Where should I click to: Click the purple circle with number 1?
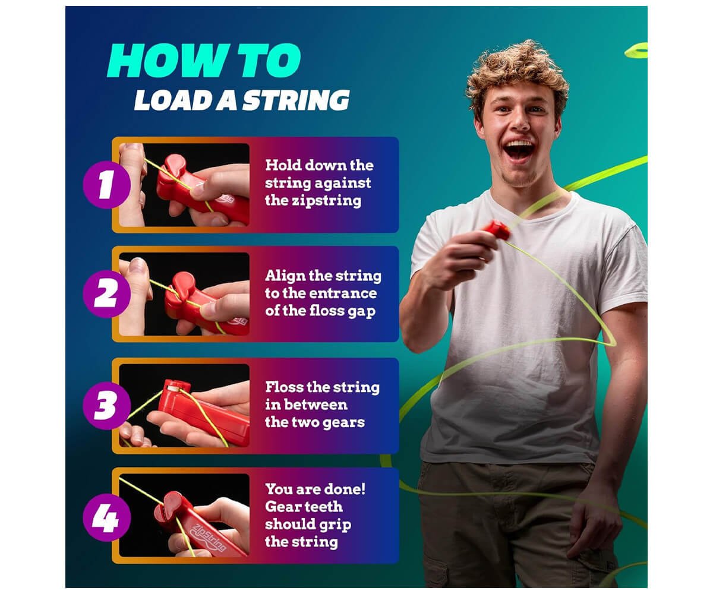[106, 185]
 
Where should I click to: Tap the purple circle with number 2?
[106, 294]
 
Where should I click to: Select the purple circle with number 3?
[106, 406]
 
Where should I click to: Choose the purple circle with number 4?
[106, 517]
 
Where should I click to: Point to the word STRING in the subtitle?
[296, 100]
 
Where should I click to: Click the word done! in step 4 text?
[342, 489]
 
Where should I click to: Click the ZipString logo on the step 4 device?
[209, 537]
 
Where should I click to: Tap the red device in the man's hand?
[498, 230]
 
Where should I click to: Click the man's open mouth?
[519, 151]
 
